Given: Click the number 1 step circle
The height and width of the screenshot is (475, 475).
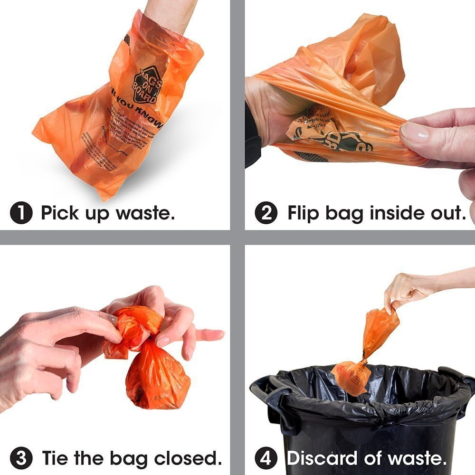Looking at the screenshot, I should coord(21,213).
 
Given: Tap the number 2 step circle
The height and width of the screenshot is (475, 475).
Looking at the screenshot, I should coord(266,213).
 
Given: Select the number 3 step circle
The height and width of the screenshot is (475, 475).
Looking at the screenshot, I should coord(21,458).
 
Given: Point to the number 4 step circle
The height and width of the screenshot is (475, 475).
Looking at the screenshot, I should coord(266,458).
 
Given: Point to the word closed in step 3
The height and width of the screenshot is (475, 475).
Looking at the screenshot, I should coord(190,458).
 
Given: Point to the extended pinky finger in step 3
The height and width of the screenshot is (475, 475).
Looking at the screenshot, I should coord(209,334).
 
